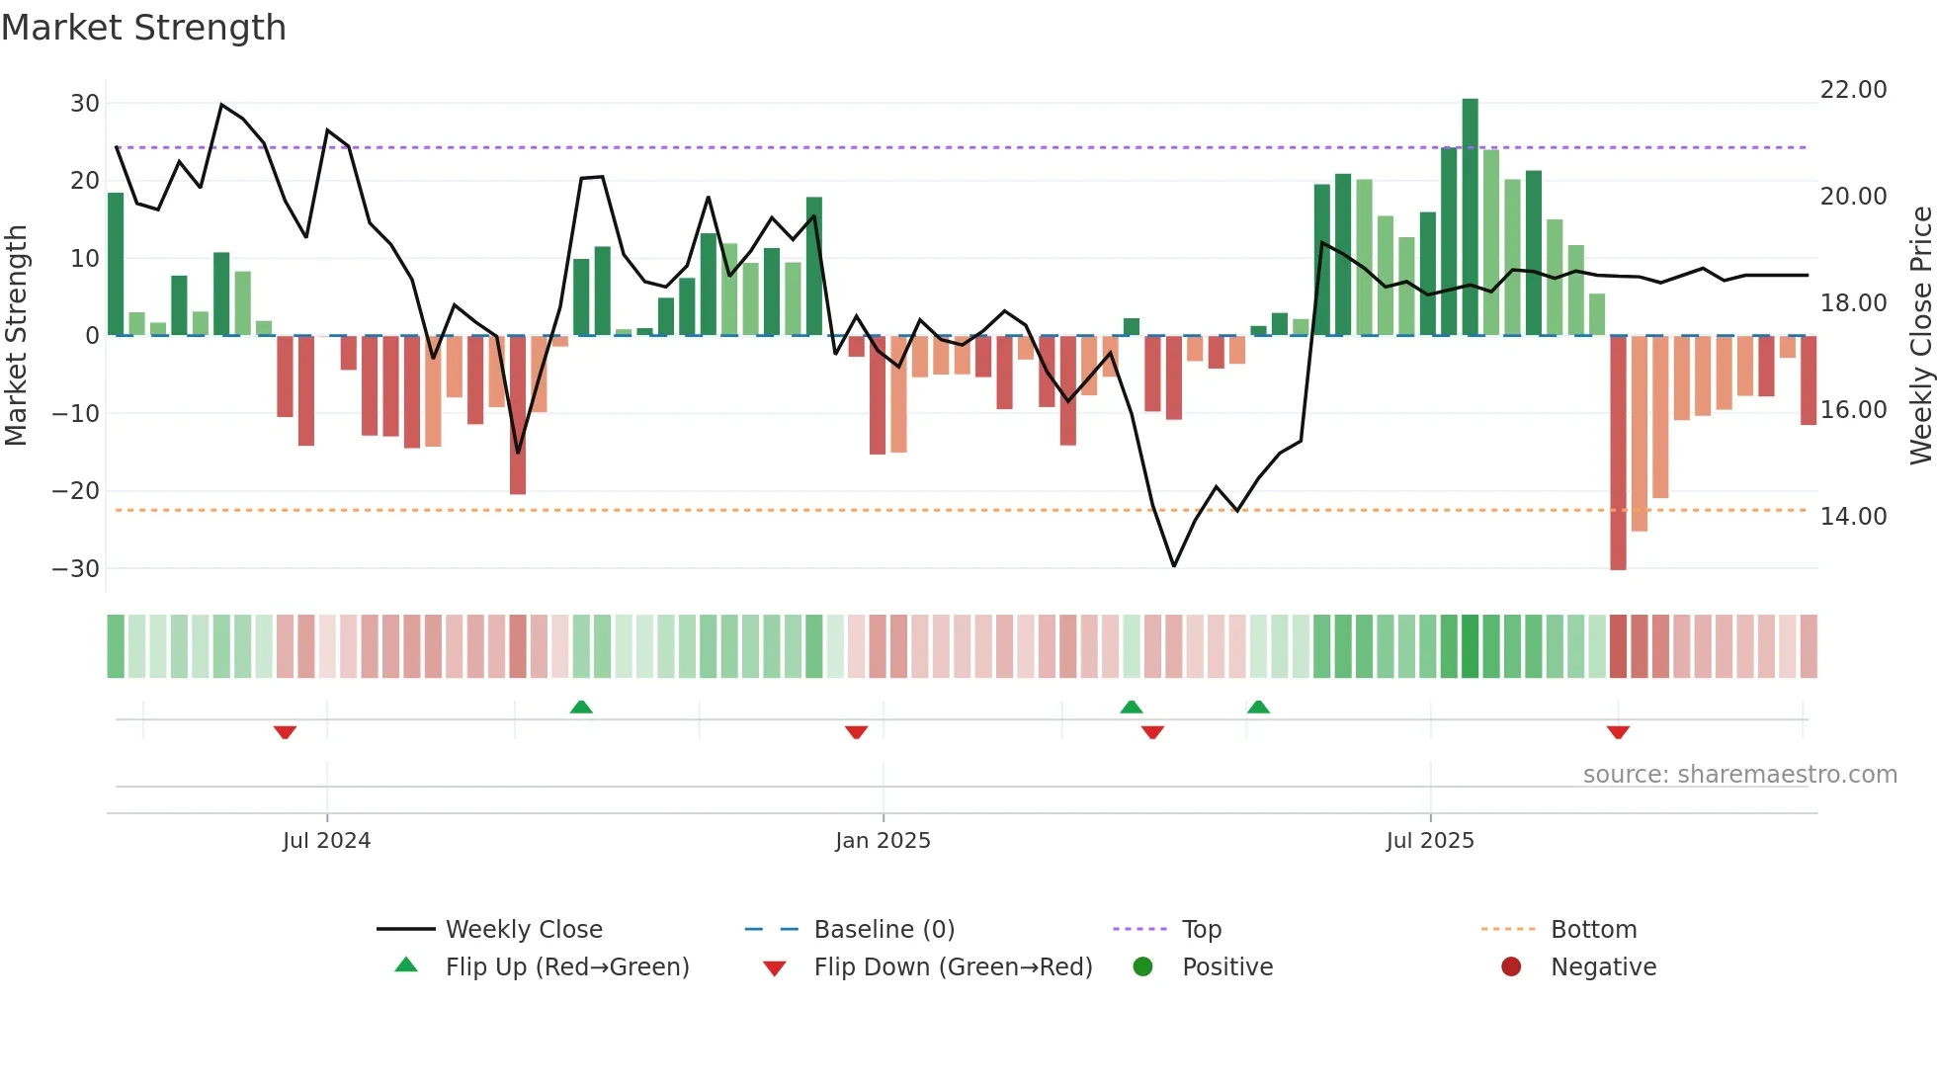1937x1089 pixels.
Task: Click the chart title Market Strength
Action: click(143, 28)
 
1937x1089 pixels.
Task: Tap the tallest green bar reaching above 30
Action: click(1470, 217)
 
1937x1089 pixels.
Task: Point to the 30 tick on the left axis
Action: click(85, 104)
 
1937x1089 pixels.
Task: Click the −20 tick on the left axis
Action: click(76, 491)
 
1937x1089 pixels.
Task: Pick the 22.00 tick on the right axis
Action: click(1853, 90)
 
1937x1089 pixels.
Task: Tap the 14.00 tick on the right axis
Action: click(1853, 517)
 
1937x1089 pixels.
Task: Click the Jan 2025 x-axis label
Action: click(883, 841)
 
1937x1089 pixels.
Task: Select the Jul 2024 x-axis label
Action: click(326, 841)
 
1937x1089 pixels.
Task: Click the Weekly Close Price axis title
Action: click(1920, 336)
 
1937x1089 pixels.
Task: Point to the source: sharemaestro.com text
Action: click(1739, 775)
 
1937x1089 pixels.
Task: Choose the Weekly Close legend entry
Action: click(523, 930)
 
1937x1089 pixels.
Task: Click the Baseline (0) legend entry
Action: click(884, 930)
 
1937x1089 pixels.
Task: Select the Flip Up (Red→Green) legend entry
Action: click(566, 967)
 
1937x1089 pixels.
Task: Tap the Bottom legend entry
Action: click(1593, 930)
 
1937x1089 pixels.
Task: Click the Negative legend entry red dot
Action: click(1511, 967)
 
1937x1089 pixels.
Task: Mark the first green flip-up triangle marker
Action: click(581, 707)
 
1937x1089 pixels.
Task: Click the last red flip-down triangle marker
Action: click(1618, 732)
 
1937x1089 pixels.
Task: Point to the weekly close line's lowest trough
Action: click(1174, 565)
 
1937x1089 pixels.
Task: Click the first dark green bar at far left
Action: click(116, 264)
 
